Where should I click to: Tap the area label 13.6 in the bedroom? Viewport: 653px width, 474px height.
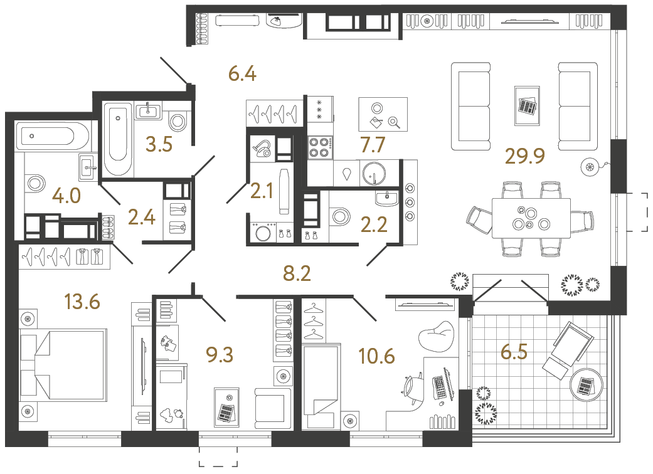click(x=82, y=302)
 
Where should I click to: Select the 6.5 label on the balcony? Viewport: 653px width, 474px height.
click(x=514, y=352)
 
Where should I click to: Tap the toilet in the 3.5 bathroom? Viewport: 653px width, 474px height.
click(x=178, y=120)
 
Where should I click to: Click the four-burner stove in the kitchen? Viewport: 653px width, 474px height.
click(x=320, y=147)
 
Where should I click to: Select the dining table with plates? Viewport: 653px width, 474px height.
click(x=531, y=218)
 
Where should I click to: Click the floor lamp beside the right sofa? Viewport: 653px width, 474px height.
click(x=590, y=166)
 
